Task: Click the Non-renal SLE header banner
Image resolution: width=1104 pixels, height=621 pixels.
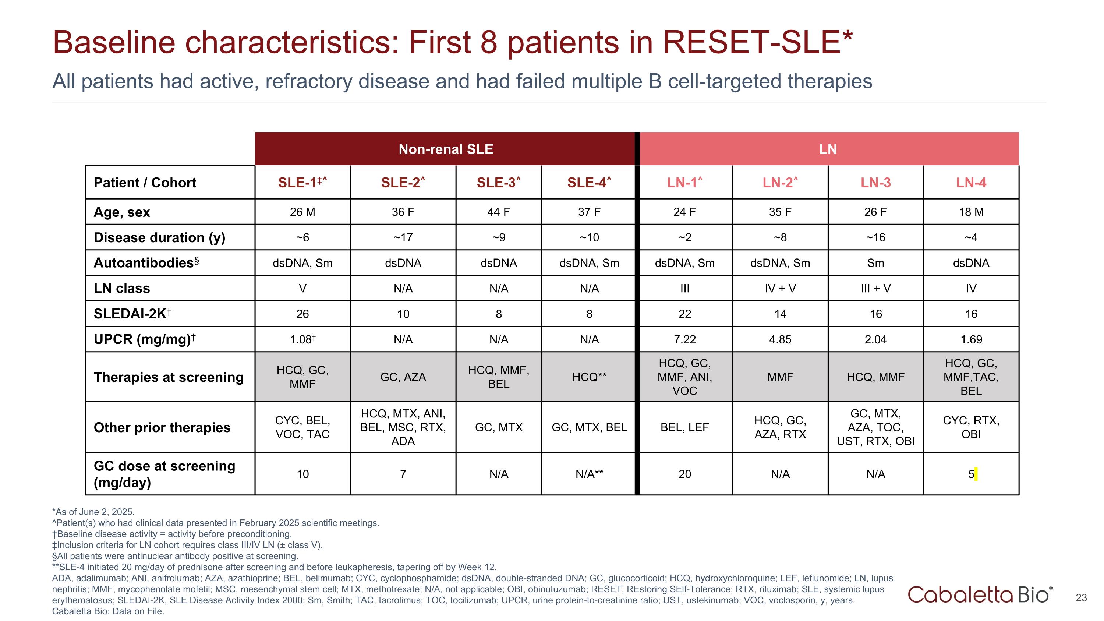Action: pyautogui.click(x=445, y=149)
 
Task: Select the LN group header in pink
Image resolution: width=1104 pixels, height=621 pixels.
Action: pyautogui.click(x=828, y=149)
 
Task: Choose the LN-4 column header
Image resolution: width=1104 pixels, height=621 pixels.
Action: pyautogui.click(x=971, y=183)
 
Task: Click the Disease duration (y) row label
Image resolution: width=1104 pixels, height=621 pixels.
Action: pyautogui.click(x=159, y=237)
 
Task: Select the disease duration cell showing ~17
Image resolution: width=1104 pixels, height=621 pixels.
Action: pyautogui.click(x=403, y=237)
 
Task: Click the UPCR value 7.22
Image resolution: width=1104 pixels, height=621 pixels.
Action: pyautogui.click(x=684, y=339)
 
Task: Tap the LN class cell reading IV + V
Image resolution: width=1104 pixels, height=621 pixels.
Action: pyautogui.click(x=780, y=289)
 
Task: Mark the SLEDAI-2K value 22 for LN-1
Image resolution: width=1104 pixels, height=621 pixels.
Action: pyautogui.click(x=684, y=314)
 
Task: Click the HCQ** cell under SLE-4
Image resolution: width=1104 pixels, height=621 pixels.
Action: pyautogui.click(x=589, y=377)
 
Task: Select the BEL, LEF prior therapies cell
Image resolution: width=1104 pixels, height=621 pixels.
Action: pyautogui.click(x=684, y=427)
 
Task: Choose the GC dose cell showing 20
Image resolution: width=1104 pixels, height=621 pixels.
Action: pyautogui.click(x=684, y=474)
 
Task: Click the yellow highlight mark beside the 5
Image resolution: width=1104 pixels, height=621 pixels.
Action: pyautogui.click(x=976, y=474)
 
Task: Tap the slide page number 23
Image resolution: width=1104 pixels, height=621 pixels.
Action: pyautogui.click(x=1081, y=597)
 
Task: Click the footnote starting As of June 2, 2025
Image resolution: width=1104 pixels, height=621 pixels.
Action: pyautogui.click(x=93, y=512)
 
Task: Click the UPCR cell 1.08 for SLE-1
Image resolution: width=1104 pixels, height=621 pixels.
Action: pyautogui.click(x=302, y=339)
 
